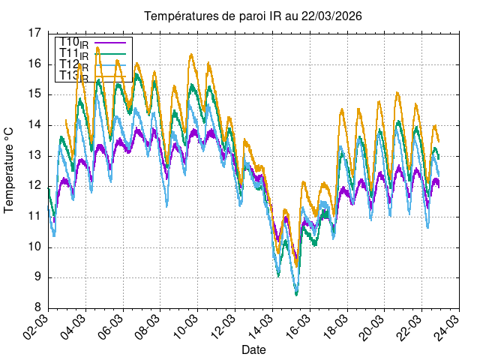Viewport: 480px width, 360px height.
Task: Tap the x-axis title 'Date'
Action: click(x=253, y=349)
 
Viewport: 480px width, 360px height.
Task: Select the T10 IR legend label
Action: click(x=73, y=43)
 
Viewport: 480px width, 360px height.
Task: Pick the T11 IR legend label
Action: click(x=73, y=54)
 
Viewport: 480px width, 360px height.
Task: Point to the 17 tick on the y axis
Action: click(x=34, y=33)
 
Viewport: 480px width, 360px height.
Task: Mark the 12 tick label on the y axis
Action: click(x=34, y=186)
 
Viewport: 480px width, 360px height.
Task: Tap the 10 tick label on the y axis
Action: click(x=34, y=247)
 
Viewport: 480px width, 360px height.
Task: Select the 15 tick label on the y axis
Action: click(x=34, y=94)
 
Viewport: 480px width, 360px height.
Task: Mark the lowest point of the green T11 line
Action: click(x=297, y=294)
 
